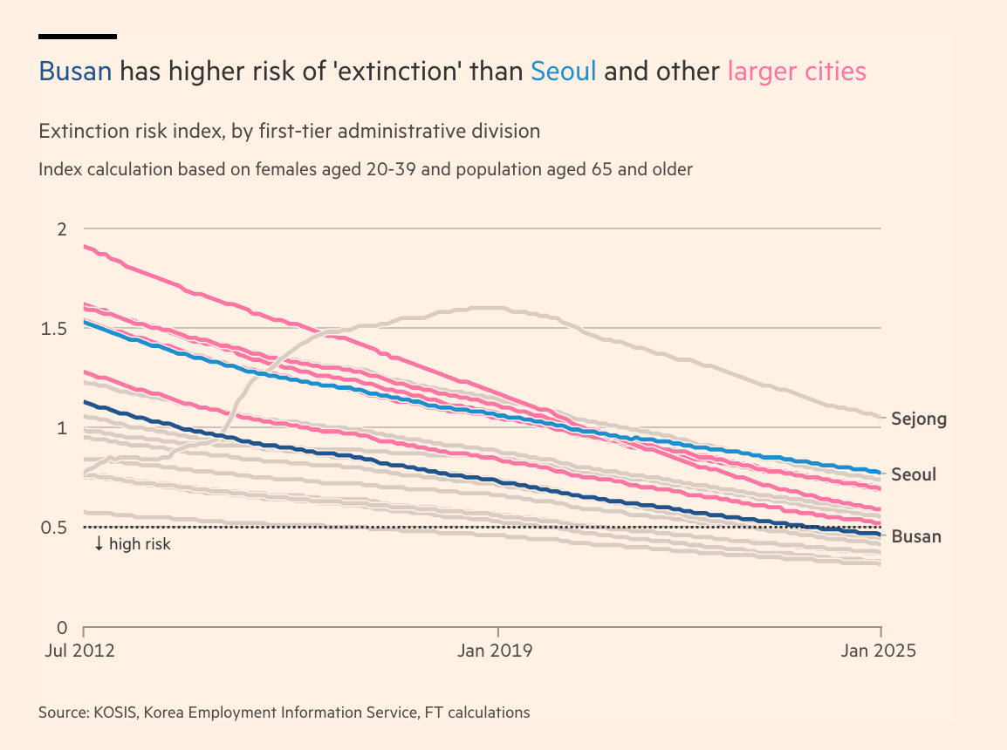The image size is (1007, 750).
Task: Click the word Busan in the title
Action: pos(75,72)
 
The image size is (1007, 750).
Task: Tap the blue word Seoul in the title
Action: pos(564,72)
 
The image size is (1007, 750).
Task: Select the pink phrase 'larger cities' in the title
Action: pos(797,72)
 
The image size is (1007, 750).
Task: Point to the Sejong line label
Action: pos(919,419)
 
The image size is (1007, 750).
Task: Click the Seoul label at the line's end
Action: pos(914,474)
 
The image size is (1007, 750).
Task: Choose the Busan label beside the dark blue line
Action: pos(916,536)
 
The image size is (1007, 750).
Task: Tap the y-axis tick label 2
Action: pos(62,228)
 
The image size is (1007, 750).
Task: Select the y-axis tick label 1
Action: pos(62,428)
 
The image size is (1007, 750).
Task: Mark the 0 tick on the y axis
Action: pos(62,627)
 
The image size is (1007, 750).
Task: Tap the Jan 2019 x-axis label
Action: pos(498,651)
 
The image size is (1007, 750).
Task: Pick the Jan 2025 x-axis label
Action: pos(880,651)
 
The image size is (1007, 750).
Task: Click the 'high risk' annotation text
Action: pos(140,544)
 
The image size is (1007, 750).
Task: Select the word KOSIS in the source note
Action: pos(113,712)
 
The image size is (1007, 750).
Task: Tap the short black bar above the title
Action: pos(78,37)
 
